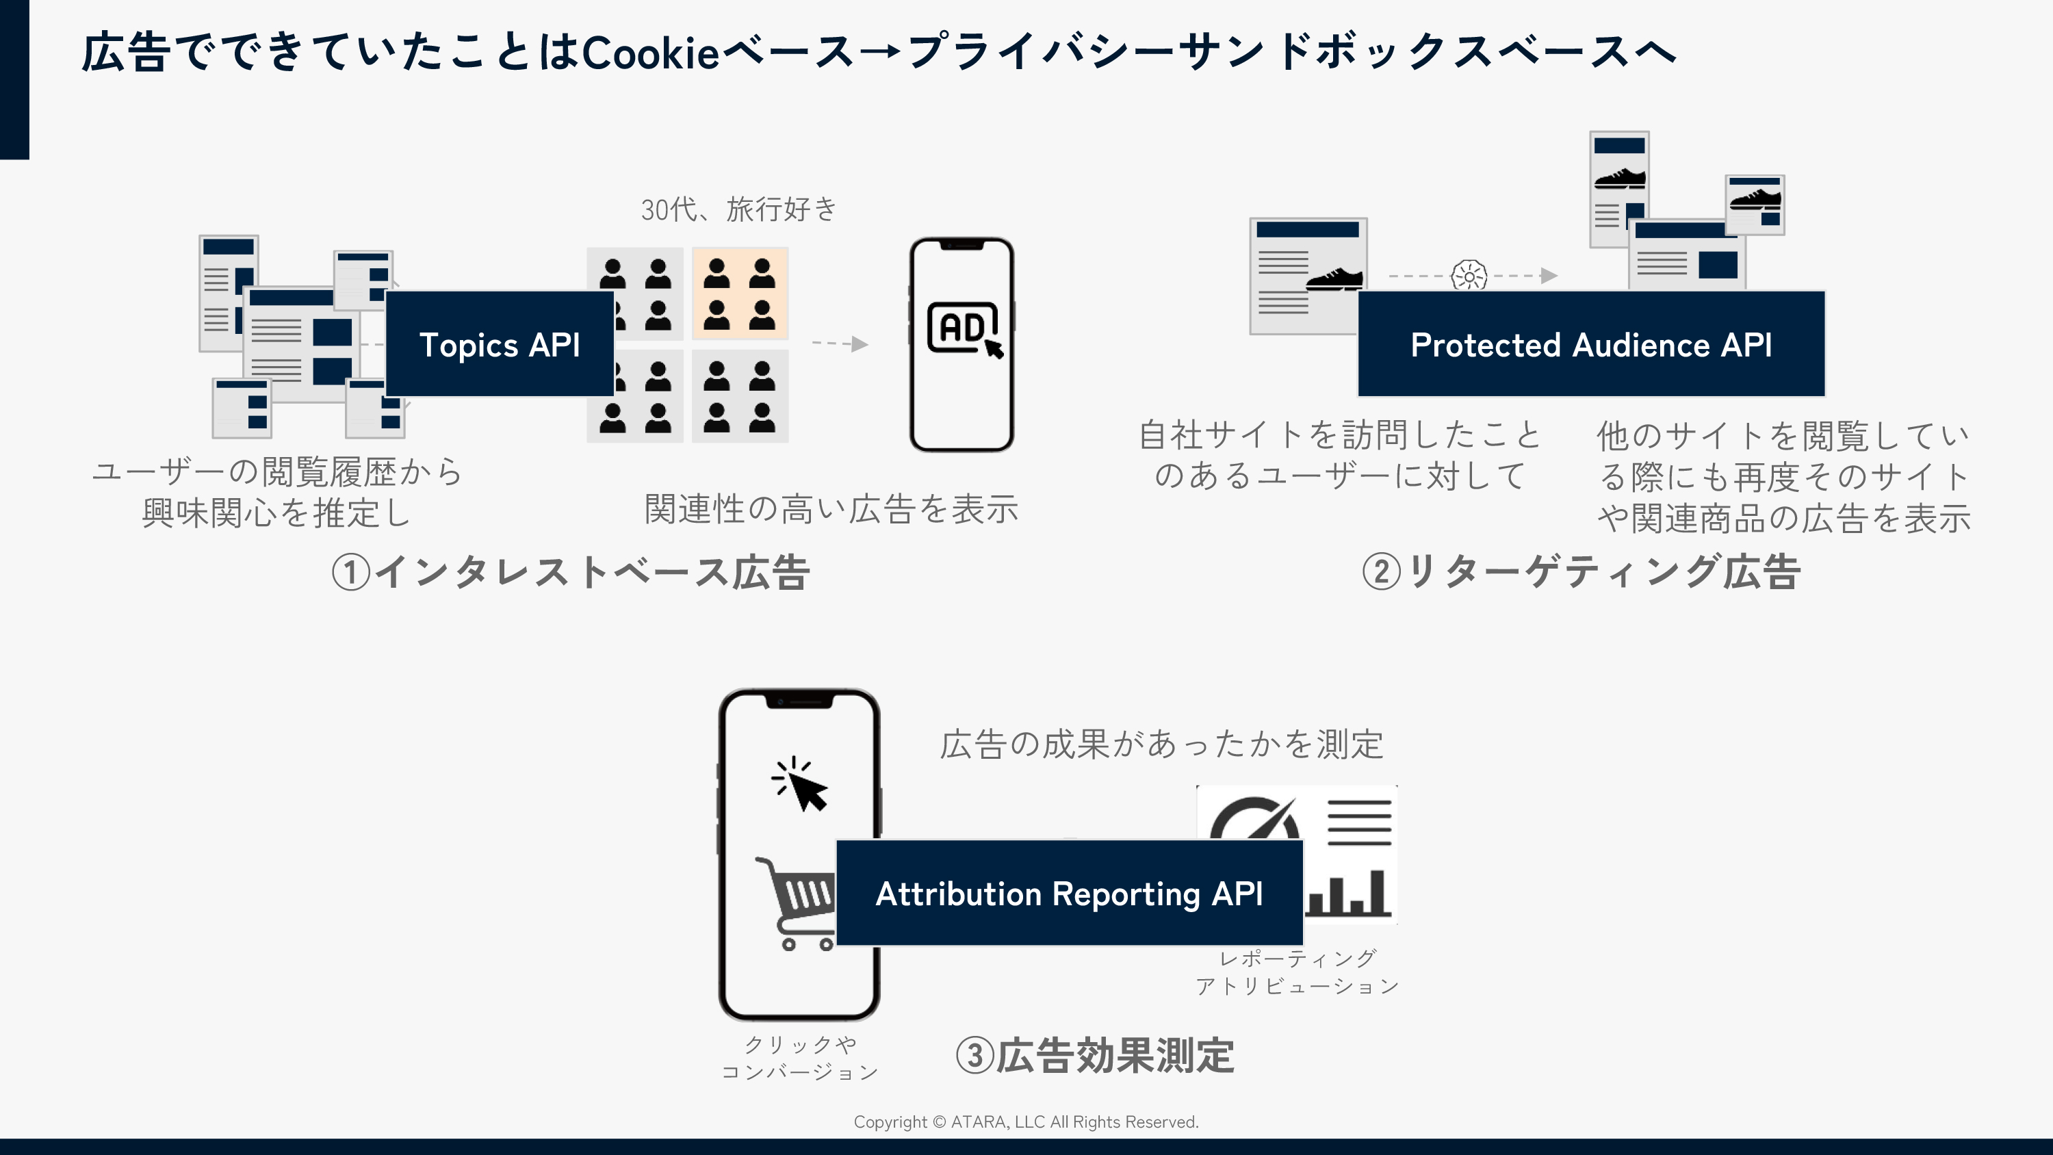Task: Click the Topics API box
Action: (x=500, y=344)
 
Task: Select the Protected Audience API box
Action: (x=1591, y=344)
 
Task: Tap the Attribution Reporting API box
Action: (x=1069, y=893)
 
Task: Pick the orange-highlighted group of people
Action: (x=740, y=294)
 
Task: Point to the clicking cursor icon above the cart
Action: (x=801, y=785)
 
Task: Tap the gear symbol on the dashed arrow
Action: (x=1469, y=276)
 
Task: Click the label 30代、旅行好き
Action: (x=739, y=209)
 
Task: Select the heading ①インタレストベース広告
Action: (x=571, y=572)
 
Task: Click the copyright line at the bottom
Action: (x=1026, y=1121)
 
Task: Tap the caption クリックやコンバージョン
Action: (x=799, y=1058)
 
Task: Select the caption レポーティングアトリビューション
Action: (x=1297, y=972)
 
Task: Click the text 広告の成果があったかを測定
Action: (x=1161, y=744)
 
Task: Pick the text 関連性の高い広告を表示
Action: (x=831, y=508)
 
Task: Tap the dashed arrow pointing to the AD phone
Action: (x=840, y=343)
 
